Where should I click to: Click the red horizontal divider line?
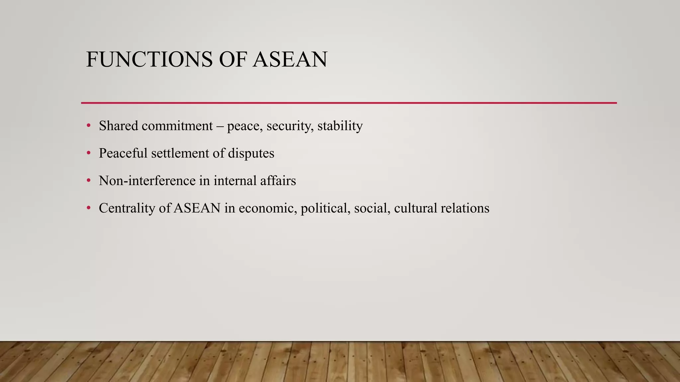point(349,103)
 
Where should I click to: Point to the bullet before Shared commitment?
point(88,126)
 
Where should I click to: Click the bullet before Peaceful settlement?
point(88,153)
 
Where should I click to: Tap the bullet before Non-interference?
point(88,181)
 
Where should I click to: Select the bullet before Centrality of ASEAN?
point(88,208)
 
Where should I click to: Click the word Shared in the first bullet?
point(118,126)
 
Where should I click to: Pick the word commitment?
point(177,126)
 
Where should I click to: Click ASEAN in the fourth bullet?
point(197,209)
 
